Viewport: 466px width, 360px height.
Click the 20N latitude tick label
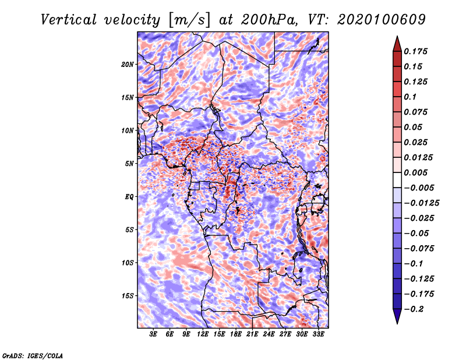(x=128, y=65)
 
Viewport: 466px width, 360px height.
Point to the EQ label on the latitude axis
(x=129, y=197)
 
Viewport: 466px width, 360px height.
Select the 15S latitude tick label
(x=128, y=296)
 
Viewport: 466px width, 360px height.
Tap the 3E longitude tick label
(x=153, y=334)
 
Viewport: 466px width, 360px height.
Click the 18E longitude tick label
(x=236, y=334)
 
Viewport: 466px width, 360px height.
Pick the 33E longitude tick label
(x=318, y=334)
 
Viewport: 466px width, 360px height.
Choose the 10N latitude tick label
(x=128, y=130)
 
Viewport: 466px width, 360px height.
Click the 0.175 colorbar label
(x=415, y=51)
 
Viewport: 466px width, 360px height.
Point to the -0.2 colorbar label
(x=414, y=309)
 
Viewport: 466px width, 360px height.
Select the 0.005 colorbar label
(x=415, y=172)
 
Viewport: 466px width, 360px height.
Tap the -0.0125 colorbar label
(x=421, y=203)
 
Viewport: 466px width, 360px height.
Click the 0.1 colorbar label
(x=410, y=97)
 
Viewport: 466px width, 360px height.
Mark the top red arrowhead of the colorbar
(x=397, y=44)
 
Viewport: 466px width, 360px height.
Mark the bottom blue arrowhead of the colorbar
(x=397, y=316)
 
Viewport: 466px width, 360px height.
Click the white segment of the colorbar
(x=397, y=180)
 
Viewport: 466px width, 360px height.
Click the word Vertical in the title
(x=69, y=20)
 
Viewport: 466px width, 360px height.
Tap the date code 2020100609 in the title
(x=382, y=20)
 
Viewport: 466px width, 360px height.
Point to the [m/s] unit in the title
(x=190, y=20)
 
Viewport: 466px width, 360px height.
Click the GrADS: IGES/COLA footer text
(x=33, y=355)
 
